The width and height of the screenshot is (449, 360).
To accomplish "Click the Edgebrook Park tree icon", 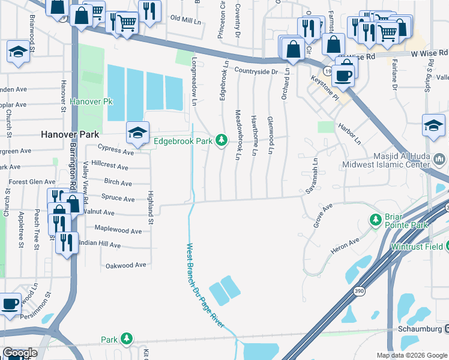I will [x=222, y=140].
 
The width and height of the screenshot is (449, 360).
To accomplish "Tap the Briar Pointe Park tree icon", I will [x=376, y=220].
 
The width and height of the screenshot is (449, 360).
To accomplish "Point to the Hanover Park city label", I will [x=69, y=135].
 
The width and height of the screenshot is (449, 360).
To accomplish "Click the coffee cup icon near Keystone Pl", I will [x=343, y=76].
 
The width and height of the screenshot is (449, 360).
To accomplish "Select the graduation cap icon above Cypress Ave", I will [x=137, y=133].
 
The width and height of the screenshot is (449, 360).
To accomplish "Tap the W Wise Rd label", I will [x=430, y=55].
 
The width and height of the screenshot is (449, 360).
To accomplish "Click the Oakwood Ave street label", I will [x=126, y=265].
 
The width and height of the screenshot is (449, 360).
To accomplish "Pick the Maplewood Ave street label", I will [x=119, y=230].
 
